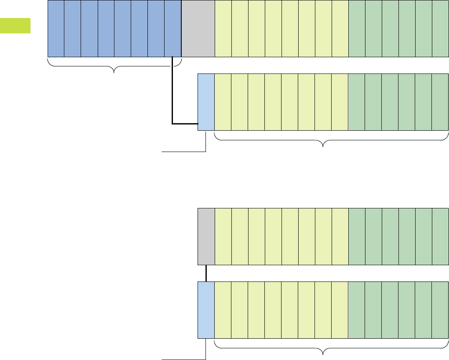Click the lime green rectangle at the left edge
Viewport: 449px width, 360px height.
coord(15,25)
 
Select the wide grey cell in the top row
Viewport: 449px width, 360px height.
coord(198,28)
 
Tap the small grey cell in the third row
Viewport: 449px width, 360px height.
coord(206,237)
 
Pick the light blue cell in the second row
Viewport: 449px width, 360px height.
coord(206,102)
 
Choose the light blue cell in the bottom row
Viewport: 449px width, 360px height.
coord(206,309)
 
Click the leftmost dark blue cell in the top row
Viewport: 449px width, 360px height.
coord(56,28)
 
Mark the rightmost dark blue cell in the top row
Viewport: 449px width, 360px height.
coord(173,28)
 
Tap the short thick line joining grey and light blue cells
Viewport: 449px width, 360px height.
coord(206,273)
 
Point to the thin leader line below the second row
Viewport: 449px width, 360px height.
coord(184,152)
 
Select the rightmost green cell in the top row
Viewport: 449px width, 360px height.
coord(440,28)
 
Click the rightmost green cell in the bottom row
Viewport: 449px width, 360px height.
coord(440,309)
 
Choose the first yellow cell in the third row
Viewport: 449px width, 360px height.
coord(223,237)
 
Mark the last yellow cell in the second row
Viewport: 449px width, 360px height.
coord(340,102)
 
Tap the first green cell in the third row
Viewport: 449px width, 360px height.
coord(357,237)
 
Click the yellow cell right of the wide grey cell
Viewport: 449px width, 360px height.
coord(223,28)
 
